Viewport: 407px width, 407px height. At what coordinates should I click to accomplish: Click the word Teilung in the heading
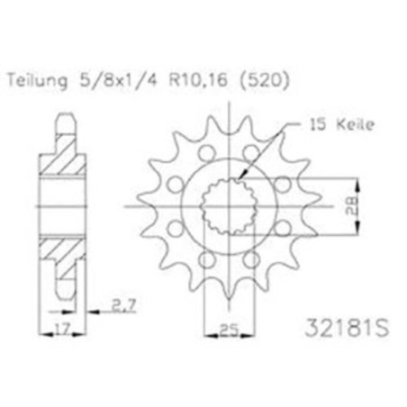point(37,81)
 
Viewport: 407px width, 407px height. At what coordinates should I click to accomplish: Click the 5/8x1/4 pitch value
point(118,80)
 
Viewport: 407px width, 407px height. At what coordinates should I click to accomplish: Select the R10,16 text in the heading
point(198,80)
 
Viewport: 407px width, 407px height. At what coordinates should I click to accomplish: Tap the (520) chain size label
point(265,81)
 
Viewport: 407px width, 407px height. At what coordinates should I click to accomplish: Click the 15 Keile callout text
point(342,124)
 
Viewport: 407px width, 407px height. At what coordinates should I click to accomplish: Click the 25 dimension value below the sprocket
point(229,330)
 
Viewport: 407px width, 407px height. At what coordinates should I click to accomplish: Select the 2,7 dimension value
point(124,305)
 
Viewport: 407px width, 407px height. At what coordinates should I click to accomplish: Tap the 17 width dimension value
point(62,328)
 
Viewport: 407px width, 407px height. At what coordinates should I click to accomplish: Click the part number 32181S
point(347,328)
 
